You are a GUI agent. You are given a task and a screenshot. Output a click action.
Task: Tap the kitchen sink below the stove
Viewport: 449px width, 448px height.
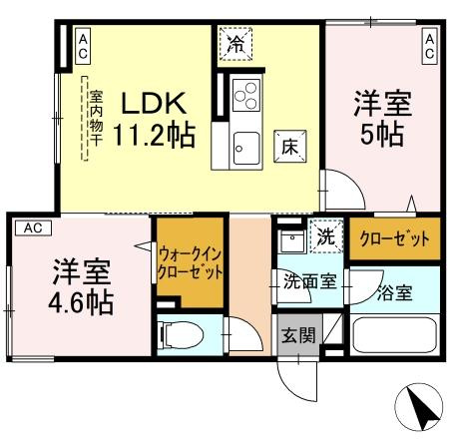(x=245, y=151)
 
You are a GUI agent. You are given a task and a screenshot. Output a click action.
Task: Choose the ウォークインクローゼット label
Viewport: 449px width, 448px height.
(x=189, y=263)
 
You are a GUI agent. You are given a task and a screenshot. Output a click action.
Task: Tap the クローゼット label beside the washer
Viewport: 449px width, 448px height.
(x=392, y=239)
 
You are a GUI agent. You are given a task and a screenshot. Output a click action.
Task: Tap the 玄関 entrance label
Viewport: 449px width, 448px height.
(x=296, y=333)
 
